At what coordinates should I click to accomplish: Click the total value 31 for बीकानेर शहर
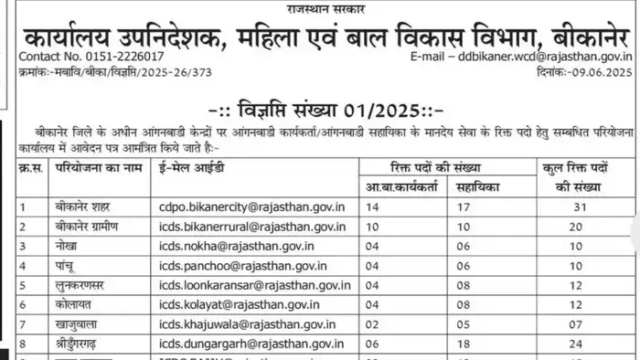[576, 206]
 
